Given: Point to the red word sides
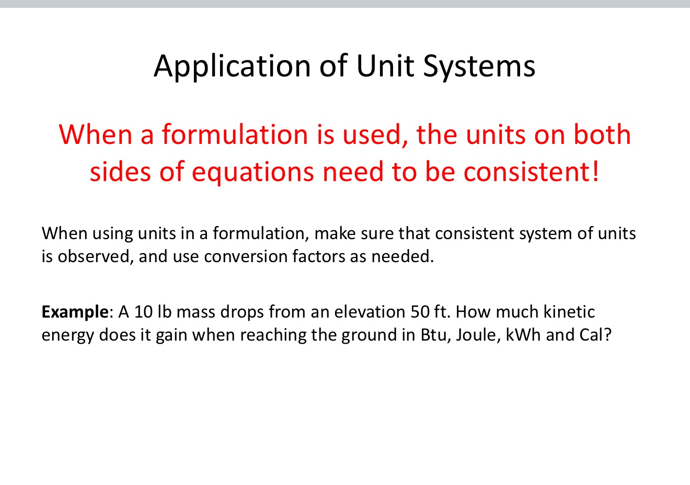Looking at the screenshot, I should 120,172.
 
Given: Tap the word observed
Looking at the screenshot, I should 93,256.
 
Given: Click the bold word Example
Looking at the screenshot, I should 75,312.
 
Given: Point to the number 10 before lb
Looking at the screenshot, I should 143,312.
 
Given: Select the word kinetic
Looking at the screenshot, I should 569,312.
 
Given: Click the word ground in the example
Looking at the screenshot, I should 369,335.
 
